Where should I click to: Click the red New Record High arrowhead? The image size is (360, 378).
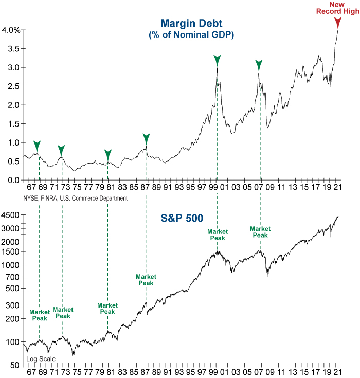[337, 23]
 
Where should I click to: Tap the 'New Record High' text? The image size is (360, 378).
[337, 8]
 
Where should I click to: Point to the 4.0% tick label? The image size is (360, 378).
[11, 30]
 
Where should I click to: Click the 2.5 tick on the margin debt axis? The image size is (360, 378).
[14, 86]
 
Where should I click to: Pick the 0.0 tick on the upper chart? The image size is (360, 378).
[14, 180]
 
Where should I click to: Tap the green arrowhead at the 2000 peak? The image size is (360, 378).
[218, 60]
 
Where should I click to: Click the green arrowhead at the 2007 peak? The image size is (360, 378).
[259, 65]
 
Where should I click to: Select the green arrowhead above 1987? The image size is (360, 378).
[146, 138]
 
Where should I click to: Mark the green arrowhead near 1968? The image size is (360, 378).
[37, 146]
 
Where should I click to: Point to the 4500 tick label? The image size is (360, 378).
[11, 215]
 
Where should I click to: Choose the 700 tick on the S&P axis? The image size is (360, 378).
[13, 277]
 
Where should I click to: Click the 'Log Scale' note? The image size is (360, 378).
[41, 359]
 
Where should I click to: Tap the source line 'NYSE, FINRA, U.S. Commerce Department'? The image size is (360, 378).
[75, 198]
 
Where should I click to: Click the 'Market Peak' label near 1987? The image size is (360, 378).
[146, 280]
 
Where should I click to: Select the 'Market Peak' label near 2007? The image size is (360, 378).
[260, 232]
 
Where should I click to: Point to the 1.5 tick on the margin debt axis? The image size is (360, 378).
[14, 124]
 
